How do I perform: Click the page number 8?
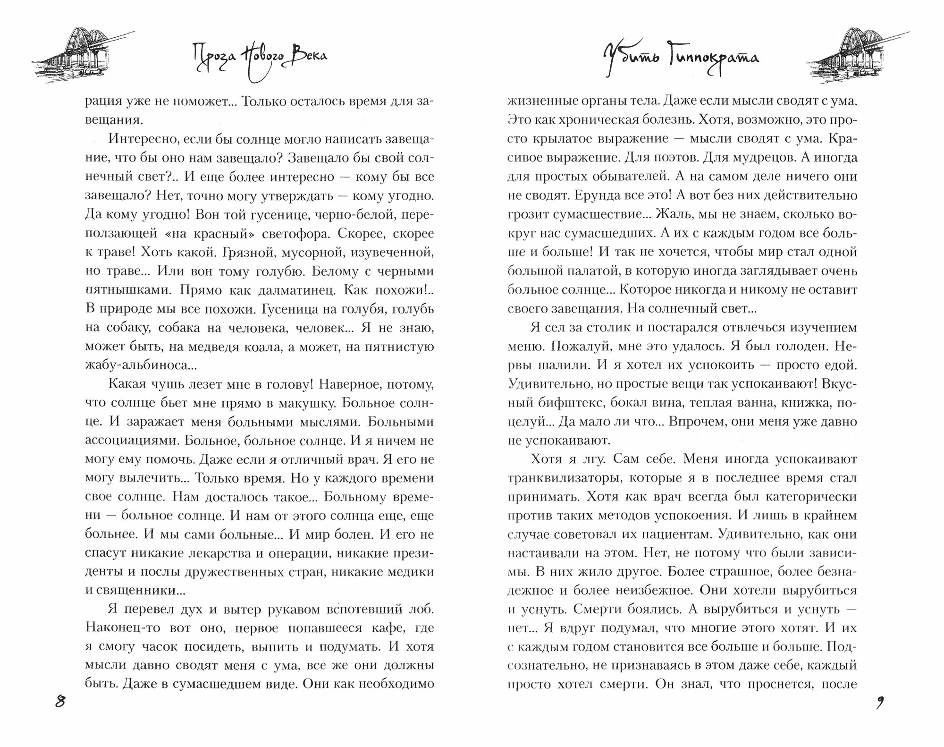60,702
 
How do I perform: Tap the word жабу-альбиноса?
134,365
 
